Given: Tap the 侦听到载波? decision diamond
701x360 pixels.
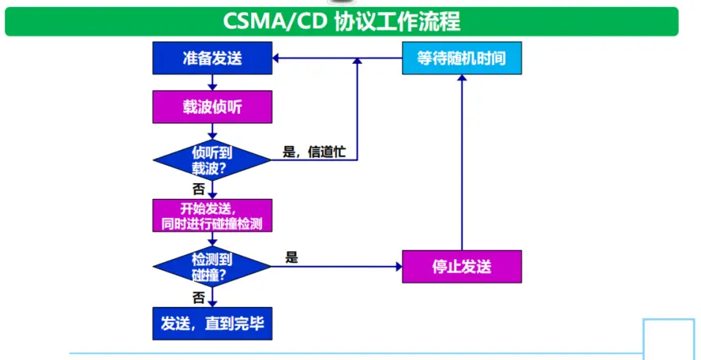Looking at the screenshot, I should [x=212, y=159].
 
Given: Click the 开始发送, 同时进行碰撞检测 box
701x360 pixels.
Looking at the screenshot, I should [x=212, y=216].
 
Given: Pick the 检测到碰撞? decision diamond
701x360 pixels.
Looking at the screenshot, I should [x=212, y=267].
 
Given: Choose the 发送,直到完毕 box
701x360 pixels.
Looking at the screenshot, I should [x=212, y=323].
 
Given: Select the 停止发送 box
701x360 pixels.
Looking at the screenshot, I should [x=462, y=266].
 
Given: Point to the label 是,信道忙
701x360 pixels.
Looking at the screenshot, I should [x=314, y=152].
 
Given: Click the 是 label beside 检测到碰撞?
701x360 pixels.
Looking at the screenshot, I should [x=291, y=257].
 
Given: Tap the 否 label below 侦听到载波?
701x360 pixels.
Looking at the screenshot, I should [x=198, y=189].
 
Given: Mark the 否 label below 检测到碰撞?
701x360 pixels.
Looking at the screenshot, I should [x=198, y=297].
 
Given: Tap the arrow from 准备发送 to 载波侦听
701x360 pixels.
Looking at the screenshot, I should [x=212, y=82].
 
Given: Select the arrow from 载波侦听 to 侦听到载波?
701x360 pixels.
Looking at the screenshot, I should [x=212, y=133].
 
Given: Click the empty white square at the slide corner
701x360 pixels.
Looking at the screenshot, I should [x=668, y=339].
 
